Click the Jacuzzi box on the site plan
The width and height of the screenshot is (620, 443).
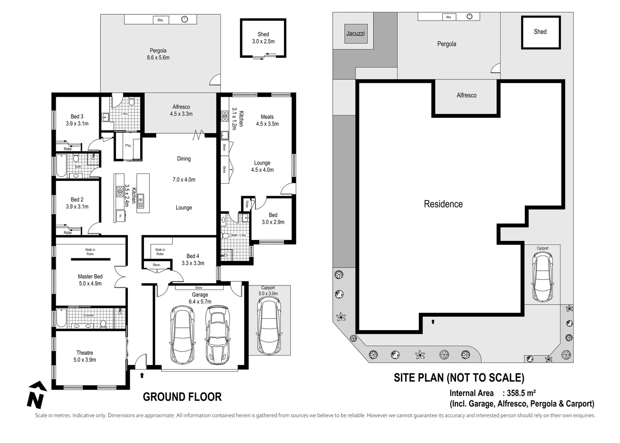(x=355, y=34)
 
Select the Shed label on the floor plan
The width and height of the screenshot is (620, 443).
(x=263, y=38)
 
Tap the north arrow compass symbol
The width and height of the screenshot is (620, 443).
(x=36, y=395)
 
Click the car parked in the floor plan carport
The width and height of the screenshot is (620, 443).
(x=269, y=326)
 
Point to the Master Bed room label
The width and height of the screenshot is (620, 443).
(x=90, y=280)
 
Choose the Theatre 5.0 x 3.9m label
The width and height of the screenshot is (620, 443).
(x=84, y=356)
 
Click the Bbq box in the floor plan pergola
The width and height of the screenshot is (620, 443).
(x=160, y=20)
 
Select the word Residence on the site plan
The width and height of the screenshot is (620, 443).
(x=443, y=204)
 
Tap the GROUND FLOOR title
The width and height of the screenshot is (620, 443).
(x=182, y=397)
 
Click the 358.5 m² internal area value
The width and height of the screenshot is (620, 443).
(x=521, y=393)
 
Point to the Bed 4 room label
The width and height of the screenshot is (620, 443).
(x=193, y=259)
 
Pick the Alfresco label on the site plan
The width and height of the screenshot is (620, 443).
(x=466, y=95)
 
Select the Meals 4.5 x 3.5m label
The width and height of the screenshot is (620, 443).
(x=267, y=120)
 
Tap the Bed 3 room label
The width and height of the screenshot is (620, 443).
(x=77, y=120)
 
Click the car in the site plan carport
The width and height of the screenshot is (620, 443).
(x=543, y=276)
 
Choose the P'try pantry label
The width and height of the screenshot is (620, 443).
(x=128, y=146)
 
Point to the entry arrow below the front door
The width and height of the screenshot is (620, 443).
(x=142, y=375)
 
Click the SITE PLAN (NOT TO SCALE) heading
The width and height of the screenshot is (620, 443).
(x=459, y=377)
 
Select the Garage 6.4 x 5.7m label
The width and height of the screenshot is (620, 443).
(x=200, y=298)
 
